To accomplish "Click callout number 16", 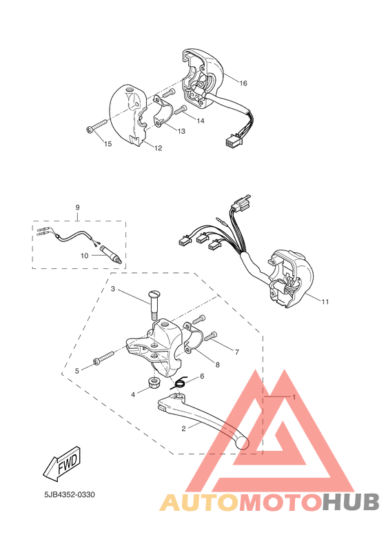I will point(243,83).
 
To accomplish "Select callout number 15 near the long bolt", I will point(108,143).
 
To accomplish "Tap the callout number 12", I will point(158,148).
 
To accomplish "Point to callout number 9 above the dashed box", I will point(77,207).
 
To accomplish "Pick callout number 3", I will point(112,289).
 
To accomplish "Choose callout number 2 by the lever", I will point(183,428).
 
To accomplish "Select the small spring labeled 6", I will point(180,383).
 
